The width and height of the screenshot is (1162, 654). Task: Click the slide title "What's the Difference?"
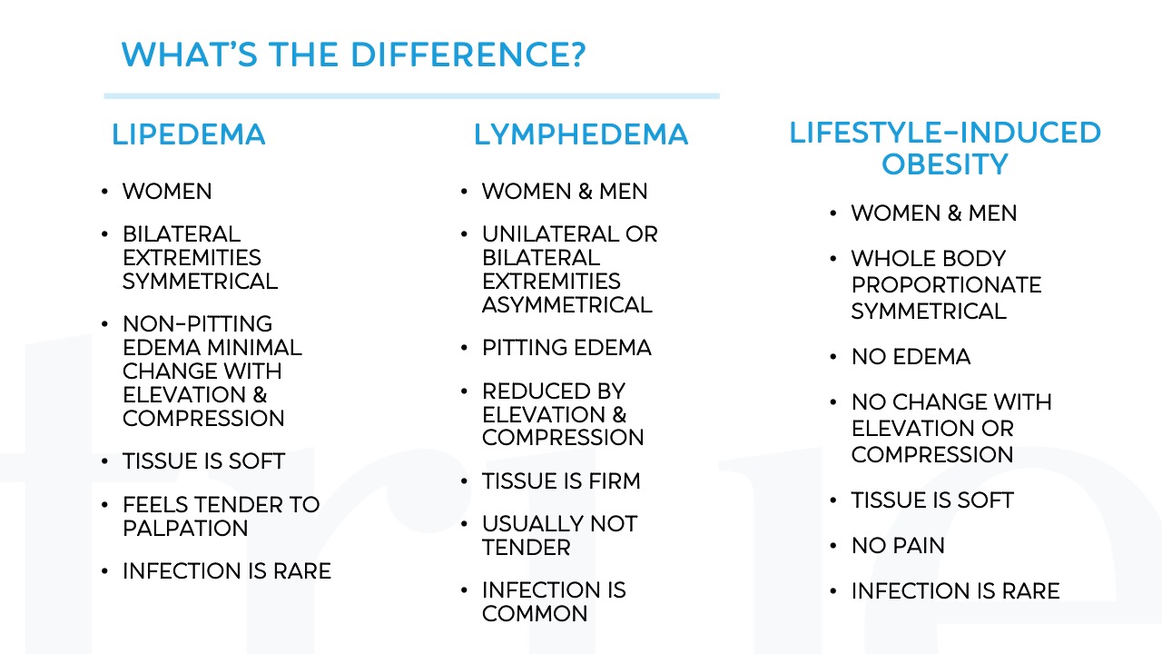point(353,55)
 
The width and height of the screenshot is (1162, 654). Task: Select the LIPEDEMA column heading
point(188,134)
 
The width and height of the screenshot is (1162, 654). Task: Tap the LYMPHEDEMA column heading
point(580,134)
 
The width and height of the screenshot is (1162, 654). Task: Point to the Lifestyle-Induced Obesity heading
point(944,148)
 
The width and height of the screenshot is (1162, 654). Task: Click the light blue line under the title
point(411,95)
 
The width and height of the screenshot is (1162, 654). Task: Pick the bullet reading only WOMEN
point(167,192)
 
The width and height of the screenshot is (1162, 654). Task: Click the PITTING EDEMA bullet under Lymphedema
point(566,348)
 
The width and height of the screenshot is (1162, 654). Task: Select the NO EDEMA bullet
point(911,357)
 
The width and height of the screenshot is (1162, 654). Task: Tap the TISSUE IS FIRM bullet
point(561,481)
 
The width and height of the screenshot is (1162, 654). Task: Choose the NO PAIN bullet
point(898,546)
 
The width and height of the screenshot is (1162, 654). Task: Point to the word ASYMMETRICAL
point(566,305)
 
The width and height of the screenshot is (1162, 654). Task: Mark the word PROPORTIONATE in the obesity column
point(946,285)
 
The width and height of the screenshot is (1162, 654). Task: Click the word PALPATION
point(185,529)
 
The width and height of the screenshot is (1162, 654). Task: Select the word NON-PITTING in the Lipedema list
point(197,324)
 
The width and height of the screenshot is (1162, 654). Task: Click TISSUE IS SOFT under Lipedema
point(203,461)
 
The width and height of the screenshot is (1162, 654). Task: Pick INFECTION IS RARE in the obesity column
point(955,591)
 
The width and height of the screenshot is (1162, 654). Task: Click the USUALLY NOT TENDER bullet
point(559,536)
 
